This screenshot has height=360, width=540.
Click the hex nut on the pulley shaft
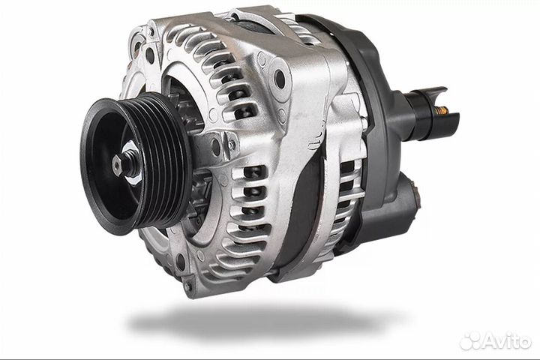(118, 166)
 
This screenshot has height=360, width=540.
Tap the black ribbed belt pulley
(136, 163)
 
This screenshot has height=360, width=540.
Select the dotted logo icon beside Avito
(471, 340)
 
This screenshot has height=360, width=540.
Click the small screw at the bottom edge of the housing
(188, 286)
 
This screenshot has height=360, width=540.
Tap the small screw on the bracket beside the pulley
(232, 145)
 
